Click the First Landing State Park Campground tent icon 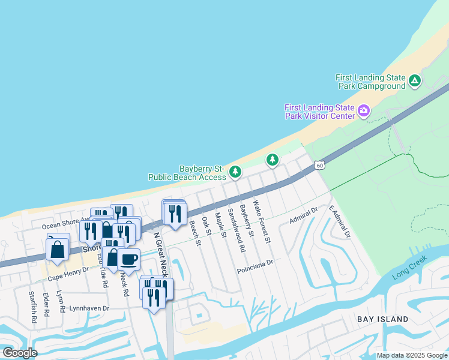coord(414,81)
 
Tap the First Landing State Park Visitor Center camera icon coord(363,110)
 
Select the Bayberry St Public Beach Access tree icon coord(236,173)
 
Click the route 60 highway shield coord(320,165)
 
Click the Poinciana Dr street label coord(255,263)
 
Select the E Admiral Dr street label coord(339,221)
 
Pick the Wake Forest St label coord(262,221)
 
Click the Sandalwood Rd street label coord(235,230)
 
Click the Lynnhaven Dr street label coord(89,308)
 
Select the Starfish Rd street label coord(33,307)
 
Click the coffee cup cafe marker coord(128,259)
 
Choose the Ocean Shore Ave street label coord(65,226)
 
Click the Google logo coord(20,353)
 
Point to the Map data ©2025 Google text coord(412,355)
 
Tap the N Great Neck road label coord(158,251)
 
